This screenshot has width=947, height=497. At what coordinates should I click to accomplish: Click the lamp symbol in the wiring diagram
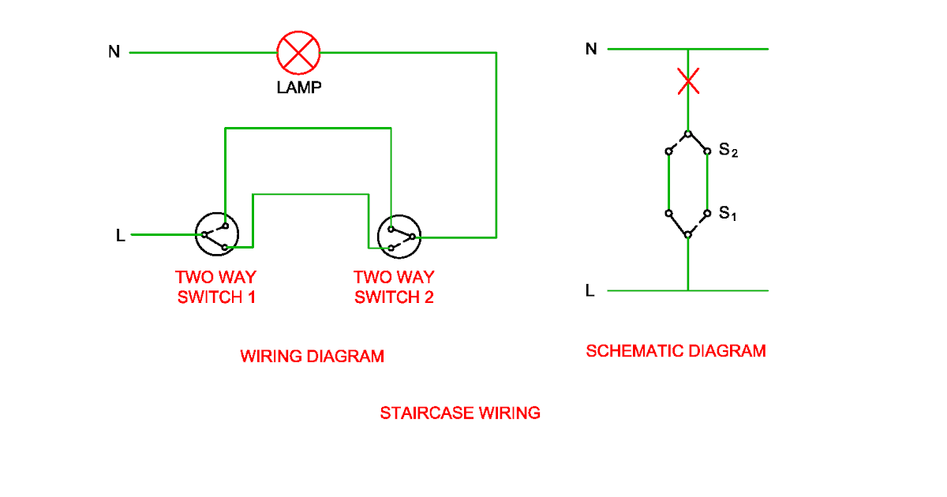tap(298, 53)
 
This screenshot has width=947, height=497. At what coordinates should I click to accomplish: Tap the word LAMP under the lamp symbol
tap(299, 88)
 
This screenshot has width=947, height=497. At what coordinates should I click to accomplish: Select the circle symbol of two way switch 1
tap(217, 235)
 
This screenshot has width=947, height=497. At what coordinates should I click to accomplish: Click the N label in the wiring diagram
tap(114, 53)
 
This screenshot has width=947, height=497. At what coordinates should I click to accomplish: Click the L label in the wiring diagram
tap(120, 235)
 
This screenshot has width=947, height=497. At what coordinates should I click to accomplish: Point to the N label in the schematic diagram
tap(591, 49)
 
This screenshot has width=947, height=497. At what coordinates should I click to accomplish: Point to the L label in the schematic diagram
tap(590, 291)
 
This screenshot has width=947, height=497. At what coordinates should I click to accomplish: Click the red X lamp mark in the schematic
tap(689, 80)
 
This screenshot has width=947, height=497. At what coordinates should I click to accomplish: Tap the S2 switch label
tap(728, 150)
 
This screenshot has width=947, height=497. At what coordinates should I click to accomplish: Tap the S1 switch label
tap(727, 214)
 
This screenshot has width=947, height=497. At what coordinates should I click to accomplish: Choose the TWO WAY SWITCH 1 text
tap(215, 287)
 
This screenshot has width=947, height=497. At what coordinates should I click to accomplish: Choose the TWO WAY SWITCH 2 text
tap(394, 287)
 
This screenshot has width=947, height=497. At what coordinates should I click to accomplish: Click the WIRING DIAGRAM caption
tap(312, 357)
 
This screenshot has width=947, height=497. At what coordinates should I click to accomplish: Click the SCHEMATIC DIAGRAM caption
tap(676, 351)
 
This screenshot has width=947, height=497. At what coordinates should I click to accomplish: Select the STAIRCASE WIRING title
tap(460, 413)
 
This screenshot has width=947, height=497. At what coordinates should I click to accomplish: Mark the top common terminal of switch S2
tap(688, 133)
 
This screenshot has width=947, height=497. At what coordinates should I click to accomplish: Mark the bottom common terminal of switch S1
tap(688, 235)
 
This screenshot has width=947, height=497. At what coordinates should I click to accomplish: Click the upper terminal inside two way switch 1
tap(225, 221)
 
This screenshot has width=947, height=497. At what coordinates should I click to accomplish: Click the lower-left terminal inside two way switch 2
tap(391, 248)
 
